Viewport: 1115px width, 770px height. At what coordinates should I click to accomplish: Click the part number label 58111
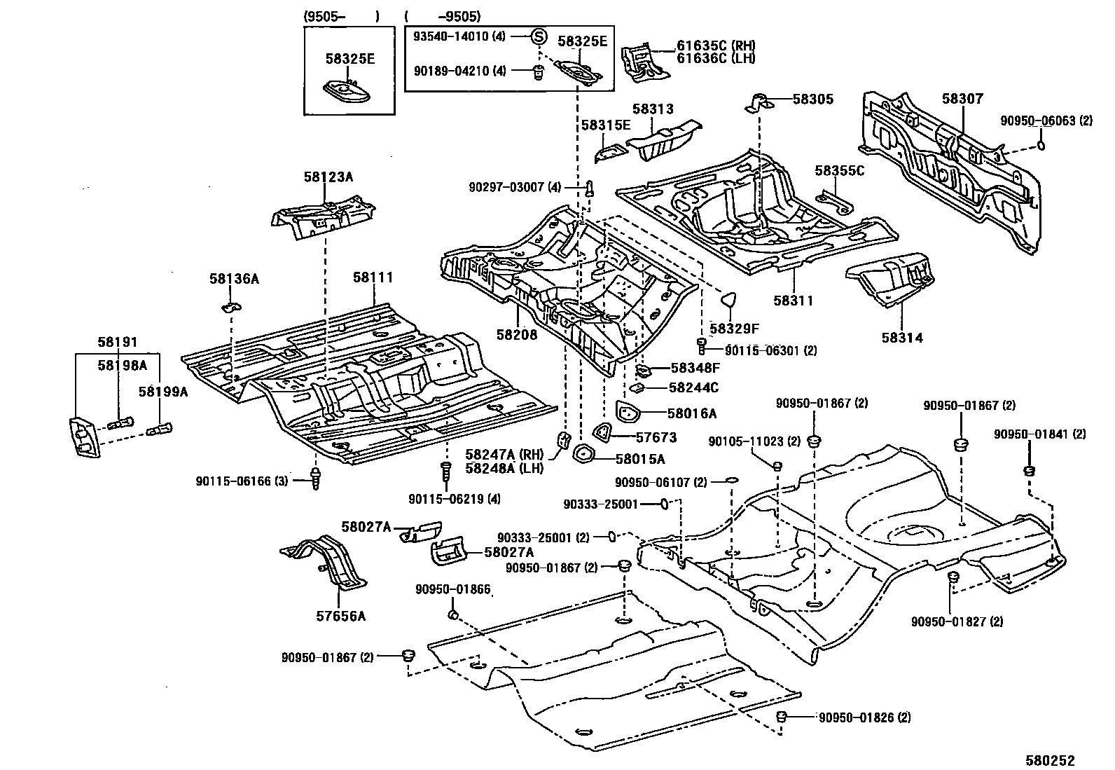pyautogui.click(x=373, y=277)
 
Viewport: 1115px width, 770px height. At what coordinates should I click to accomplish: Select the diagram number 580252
pyautogui.click(x=1050, y=760)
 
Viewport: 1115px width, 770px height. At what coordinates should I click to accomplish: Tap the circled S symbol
pyautogui.click(x=538, y=36)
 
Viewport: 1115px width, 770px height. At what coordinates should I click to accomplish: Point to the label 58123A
pyautogui.click(x=328, y=177)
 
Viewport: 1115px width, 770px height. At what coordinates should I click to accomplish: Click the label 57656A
pyautogui.click(x=340, y=617)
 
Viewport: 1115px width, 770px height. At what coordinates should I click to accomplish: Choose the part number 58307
pyautogui.click(x=962, y=99)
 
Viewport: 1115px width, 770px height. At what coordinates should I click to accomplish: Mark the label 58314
pyautogui.click(x=901, y=338)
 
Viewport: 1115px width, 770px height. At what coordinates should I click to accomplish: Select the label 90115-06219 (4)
pyautogui.click(x=455, y=499)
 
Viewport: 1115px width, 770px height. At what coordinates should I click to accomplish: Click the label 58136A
pyautogui.click(x=234, y=279)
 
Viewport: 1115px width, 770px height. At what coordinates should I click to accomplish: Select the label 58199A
pyautogui.click(x=162, y=392)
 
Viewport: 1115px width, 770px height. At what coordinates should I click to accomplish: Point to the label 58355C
pyautogui.click(x=839, y=170)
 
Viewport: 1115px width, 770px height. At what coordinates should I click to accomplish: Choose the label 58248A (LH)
pyautogui.click(x=504, y=468)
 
